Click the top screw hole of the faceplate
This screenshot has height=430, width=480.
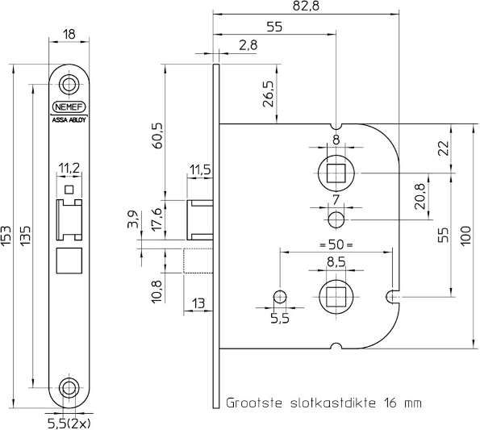(69, 84)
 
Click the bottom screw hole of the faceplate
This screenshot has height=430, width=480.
(69, 387)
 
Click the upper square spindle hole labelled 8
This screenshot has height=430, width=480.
(336, 173)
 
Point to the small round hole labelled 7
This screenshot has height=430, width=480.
(336, 219)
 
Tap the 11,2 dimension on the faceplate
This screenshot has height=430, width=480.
(69, 169)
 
